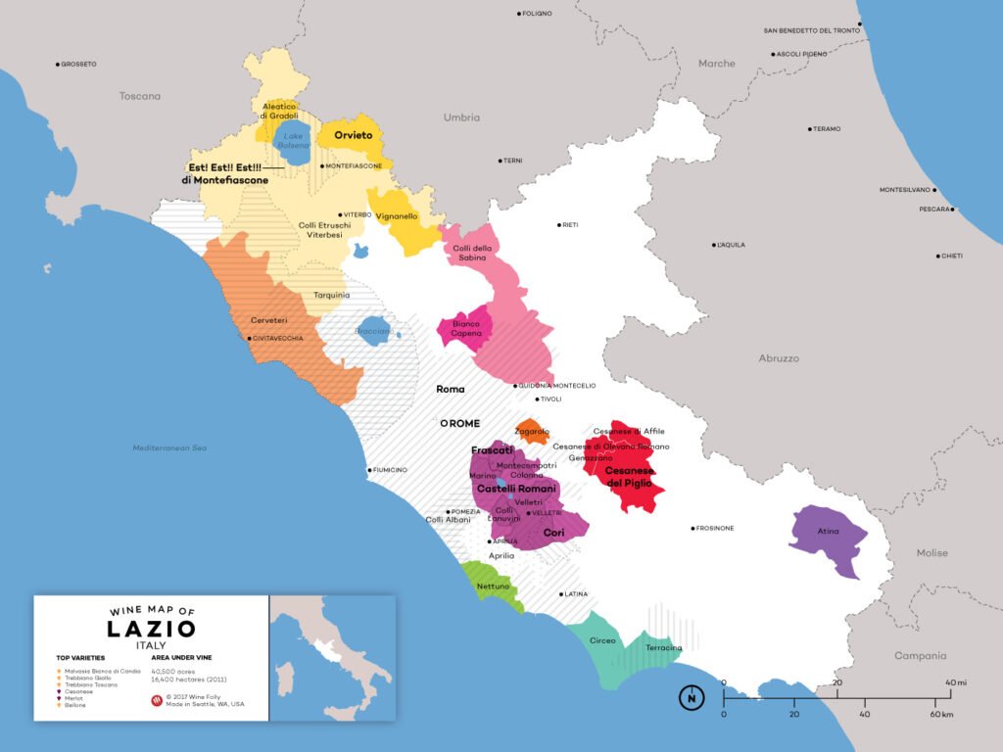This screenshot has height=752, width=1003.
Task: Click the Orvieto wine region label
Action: [x=353, y=135]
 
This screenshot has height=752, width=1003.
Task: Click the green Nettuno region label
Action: [x=492, y=587]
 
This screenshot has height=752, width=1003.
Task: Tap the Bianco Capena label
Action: [x=465, y=328]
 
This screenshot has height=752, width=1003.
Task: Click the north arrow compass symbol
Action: [x=692, y=698]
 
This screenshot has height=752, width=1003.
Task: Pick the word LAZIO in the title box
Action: [x=152, y=629]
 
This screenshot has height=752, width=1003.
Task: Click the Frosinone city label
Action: [x=715, y=529]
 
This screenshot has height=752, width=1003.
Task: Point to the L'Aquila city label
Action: [x=734, y=244]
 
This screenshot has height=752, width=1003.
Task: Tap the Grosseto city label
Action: [x=78, y=65]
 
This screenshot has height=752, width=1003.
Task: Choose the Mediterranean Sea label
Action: [x=170, y=448]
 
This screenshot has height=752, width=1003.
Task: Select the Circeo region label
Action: [x=602, y=640]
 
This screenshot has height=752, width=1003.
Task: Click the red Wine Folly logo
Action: [x=157, y=701]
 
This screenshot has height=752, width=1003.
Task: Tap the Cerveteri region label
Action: [x=268, y=320]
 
